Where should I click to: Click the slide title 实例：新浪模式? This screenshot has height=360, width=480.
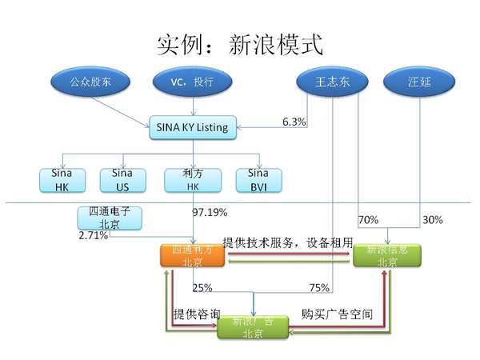point(240,43)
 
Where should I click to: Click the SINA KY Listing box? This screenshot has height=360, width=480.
point(194,126)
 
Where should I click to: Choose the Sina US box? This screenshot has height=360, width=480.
point(122,179)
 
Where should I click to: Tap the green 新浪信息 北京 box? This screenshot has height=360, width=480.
point(387,255)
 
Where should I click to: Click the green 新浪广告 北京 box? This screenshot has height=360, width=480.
point(252,327)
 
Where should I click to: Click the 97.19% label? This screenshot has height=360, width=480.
point(210,213)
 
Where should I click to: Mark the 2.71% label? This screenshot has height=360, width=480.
point(93,236)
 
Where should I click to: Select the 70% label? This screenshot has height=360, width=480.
point(368,219)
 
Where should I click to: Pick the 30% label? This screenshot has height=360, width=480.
point(431,219)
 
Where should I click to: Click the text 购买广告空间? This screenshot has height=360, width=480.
point(337,314)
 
